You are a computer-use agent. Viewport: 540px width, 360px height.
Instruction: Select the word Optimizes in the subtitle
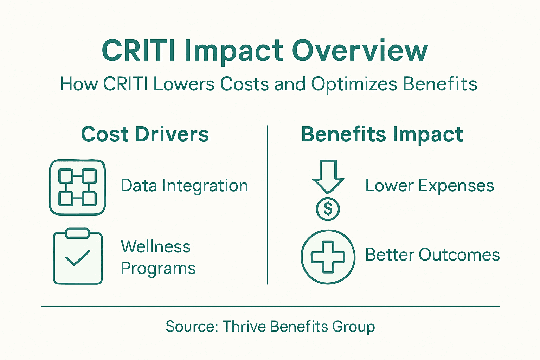pos(354,84)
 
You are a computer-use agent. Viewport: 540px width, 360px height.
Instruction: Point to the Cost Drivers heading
pos(145,134)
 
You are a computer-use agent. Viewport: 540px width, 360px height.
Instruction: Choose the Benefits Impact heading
pos(382,134)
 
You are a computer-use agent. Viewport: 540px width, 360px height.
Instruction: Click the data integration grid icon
pos(77,187)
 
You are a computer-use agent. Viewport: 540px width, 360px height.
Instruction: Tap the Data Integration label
pos(184,186)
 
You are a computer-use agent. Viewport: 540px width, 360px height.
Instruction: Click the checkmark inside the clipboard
pos(78,258)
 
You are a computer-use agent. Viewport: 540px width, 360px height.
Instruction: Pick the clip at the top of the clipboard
pos(78,233)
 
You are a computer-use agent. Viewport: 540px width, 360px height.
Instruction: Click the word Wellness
pos(156,246)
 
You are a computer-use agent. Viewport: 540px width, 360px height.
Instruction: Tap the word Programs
pos(158,269)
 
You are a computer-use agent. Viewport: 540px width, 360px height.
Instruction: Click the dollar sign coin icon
pos(328,209)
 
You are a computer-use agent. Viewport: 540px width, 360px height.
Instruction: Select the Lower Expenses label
pos(430,186)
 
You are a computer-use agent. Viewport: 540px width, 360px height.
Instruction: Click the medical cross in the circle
pos(328,257)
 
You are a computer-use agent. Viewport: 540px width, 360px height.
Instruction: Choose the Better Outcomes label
pos(432,255)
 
